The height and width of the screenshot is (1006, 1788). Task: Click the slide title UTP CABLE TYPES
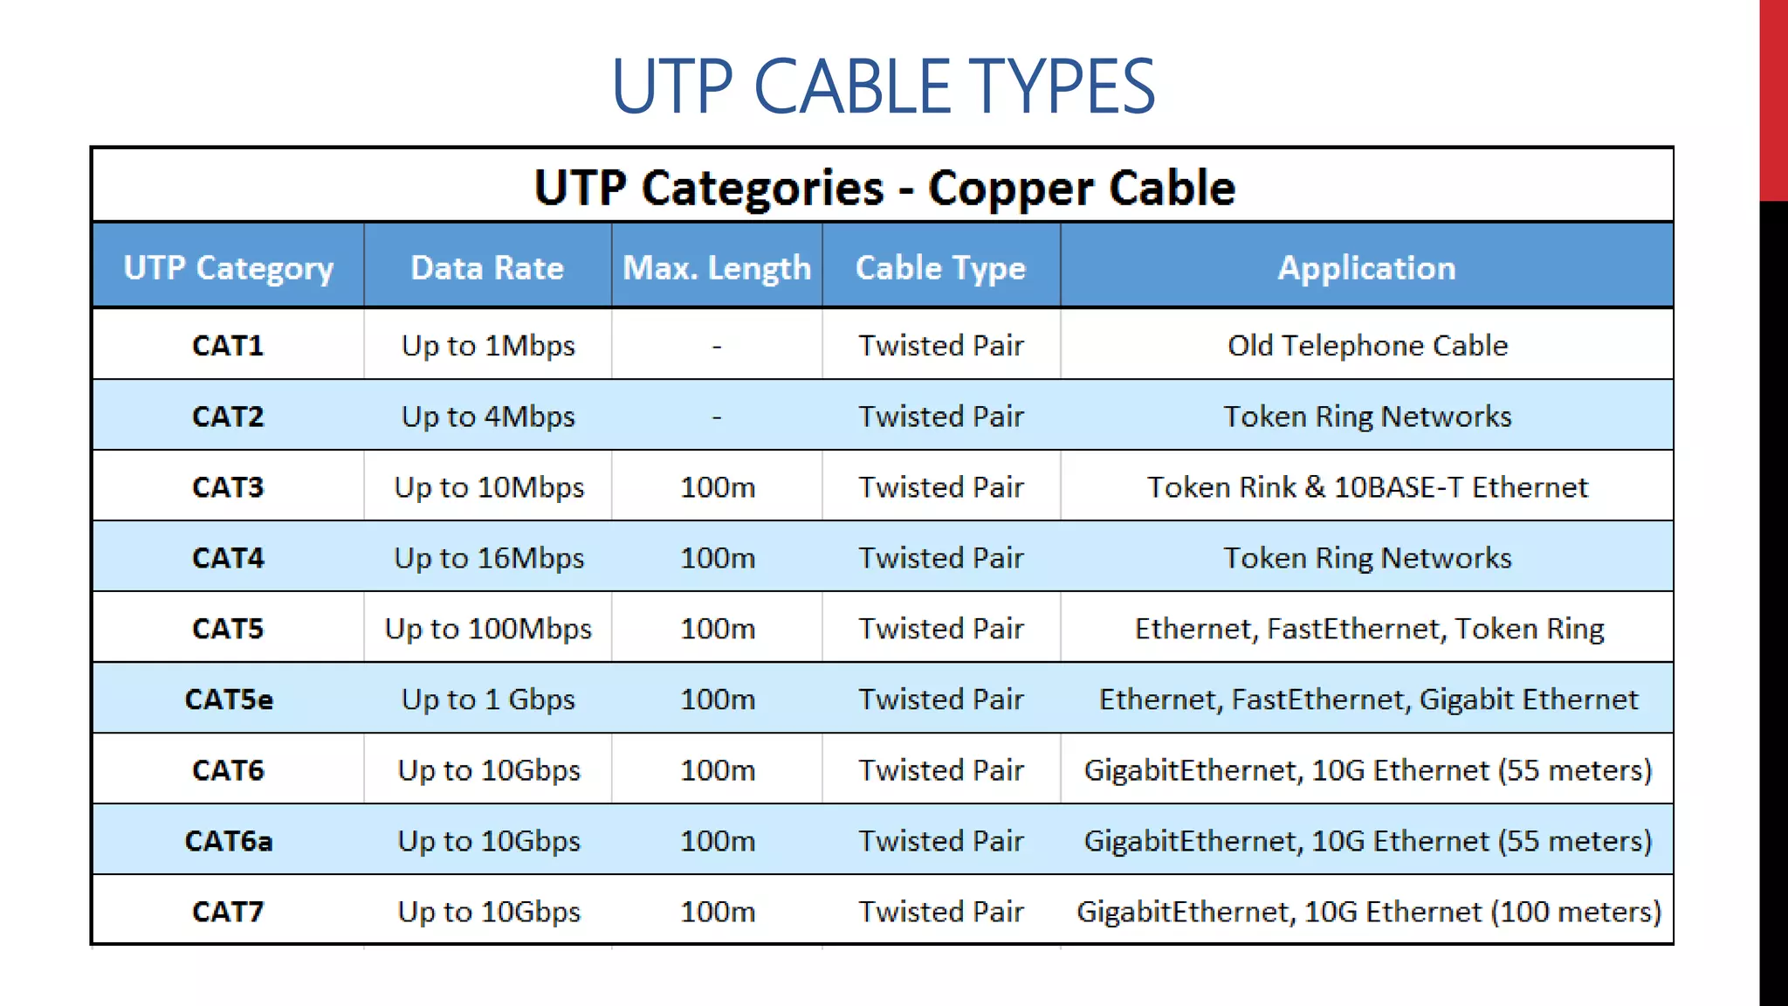tap(883, 86)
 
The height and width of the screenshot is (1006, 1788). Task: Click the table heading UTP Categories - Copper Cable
tap(884, 187)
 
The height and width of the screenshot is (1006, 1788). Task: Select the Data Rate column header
tap(487, 267)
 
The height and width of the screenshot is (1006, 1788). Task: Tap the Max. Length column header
tap(717, 267)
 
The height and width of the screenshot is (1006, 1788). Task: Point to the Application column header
tap(1366, 267)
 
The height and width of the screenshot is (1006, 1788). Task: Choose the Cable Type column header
tap(940, 267)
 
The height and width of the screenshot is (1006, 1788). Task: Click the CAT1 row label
tap(228, 346)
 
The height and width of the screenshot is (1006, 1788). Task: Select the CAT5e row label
tap(229, 699)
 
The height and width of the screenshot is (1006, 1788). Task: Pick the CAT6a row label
tap(229, 841)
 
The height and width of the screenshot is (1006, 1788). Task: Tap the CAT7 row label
tap(228, 912)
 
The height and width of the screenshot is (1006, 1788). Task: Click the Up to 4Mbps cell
tap(488, 417)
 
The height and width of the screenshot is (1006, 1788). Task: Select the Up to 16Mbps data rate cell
tap(489, 558)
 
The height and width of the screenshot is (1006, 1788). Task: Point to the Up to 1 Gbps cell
tap(488, 699)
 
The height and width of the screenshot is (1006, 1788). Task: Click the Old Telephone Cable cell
tap(1367, 346)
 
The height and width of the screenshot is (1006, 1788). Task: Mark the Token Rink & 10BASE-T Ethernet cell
tap(1367, 487)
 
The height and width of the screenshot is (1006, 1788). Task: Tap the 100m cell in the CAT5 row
tap(718, 629)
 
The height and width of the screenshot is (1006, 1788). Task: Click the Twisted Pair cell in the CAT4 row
tap(940, 558)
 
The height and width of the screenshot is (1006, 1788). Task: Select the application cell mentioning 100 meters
tap(1368, 912)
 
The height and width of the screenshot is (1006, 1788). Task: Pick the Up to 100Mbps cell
tap(488, 629)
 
